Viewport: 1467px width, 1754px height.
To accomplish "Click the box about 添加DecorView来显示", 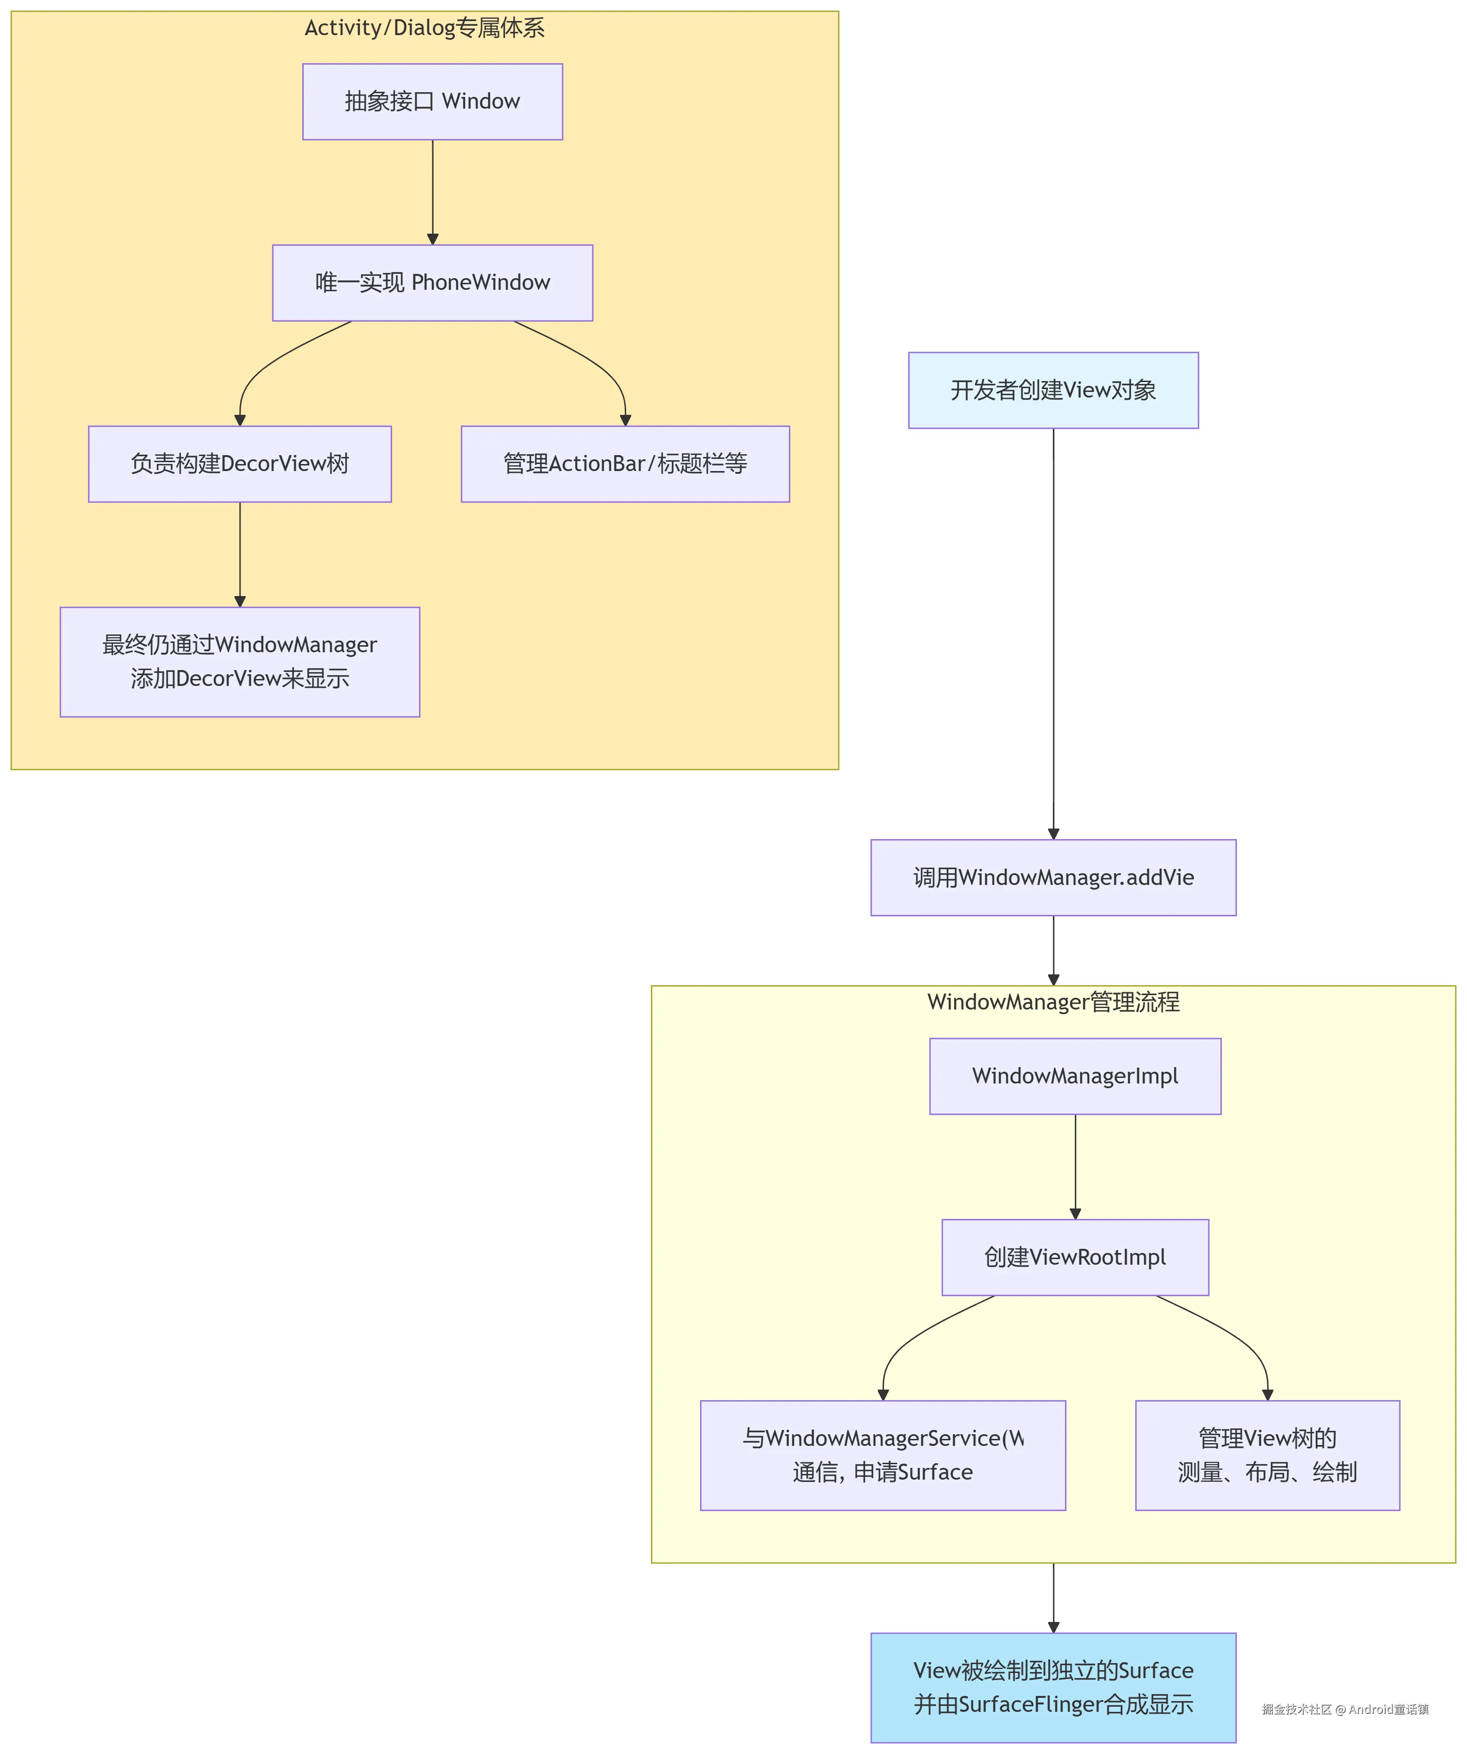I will tap(240, 662).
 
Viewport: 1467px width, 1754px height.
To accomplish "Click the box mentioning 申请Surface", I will tap(883, 1455).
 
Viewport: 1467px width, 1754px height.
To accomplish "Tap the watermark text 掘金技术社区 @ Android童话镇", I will tap(1344, 1710).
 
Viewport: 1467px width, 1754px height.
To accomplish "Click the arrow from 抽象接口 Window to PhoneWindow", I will tap(432, 192).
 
